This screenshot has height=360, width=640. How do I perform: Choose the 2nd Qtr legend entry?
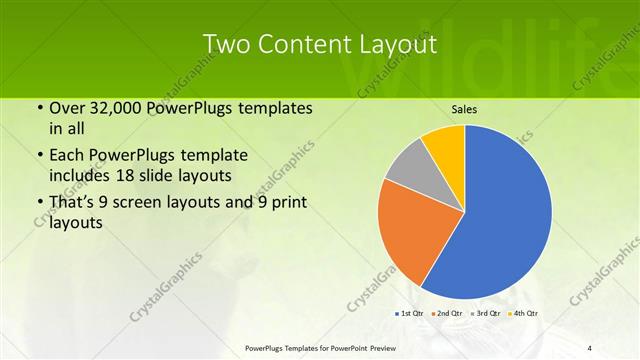pyautogui.click(x=449, y=313)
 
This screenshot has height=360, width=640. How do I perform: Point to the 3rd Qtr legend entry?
pyautogui.click(x=487, y=313)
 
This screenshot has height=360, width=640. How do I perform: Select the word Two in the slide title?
pyautogui.click(x=226, y=45)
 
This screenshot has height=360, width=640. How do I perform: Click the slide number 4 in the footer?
pyautogui.click(x=590, y=347)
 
